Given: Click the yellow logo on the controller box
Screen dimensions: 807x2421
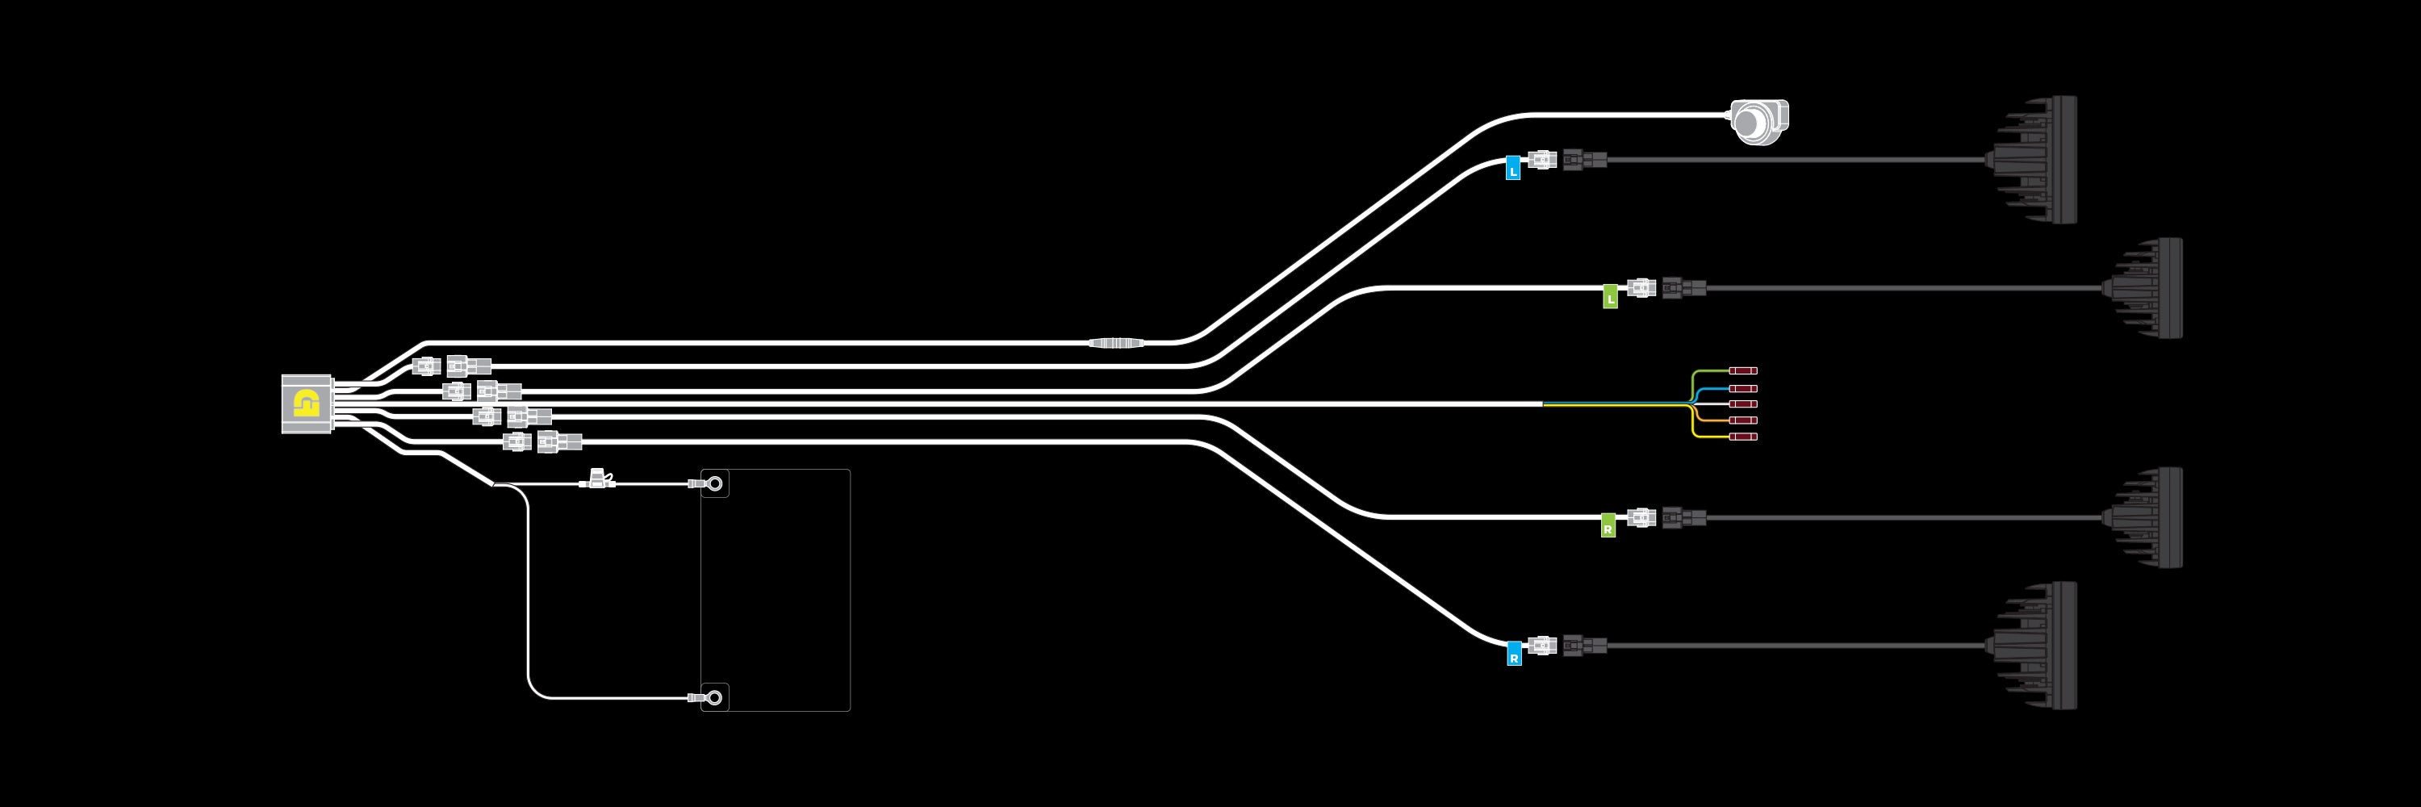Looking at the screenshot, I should coord(307,404).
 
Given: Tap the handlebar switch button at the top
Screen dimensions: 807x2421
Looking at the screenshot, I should coord(1758,122).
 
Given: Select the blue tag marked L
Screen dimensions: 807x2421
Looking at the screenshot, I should coord(1513,167).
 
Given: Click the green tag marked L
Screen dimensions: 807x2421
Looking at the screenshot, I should coord(1610,297).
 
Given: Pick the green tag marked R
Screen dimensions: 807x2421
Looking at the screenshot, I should coord(1608,526).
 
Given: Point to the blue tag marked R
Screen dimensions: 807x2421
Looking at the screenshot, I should coord(1514,654).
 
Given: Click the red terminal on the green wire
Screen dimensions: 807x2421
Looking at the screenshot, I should coord(1743,371).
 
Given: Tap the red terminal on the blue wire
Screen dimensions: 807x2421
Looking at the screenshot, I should coord(1743,388).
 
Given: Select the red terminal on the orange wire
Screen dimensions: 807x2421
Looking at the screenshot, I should coord(1743,420).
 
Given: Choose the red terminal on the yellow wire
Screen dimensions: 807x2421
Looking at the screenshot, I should coord(1743,437).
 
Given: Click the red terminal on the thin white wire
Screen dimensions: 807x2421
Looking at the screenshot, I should coord(1743,404).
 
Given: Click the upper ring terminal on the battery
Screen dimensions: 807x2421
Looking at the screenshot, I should coord(714,485).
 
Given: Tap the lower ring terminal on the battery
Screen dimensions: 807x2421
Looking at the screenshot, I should coord(714,698).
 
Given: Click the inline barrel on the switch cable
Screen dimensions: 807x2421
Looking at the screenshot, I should coord(1117,343).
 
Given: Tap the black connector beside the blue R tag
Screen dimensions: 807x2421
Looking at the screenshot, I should coord(1585,646).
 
